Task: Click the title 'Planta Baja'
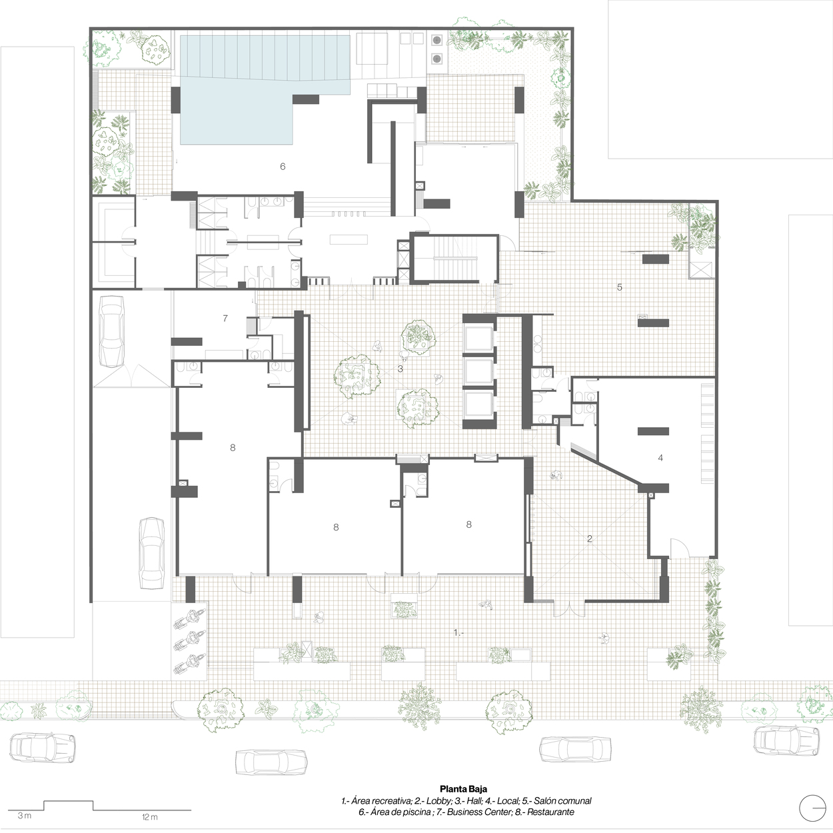[463, 789]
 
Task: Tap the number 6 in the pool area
[283, 167]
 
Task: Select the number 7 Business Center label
[225, 318]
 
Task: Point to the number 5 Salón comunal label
[620, 287]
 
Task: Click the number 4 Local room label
[660, 457]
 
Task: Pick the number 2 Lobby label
[589, 538]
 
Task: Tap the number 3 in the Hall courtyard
[401, 369]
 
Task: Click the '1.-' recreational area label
[458, 632]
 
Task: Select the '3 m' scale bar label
[25, 816]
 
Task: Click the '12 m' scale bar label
[149, 816]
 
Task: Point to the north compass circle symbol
[812, 808]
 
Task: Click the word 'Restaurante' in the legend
[550, 812]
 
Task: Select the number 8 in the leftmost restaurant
[233, 447]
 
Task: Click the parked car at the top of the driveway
[111, 332]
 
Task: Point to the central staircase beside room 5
[454, 259]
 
